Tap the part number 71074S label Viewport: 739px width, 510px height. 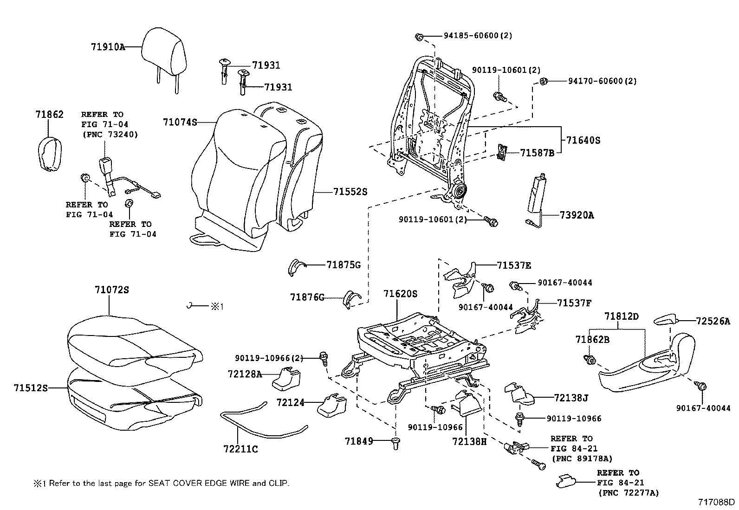180,122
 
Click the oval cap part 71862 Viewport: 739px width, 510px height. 49,153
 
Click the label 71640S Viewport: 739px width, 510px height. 583,140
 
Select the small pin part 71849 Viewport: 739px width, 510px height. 395,444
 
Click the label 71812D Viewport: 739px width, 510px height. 622,316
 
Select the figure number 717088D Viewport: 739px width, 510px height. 717,502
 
